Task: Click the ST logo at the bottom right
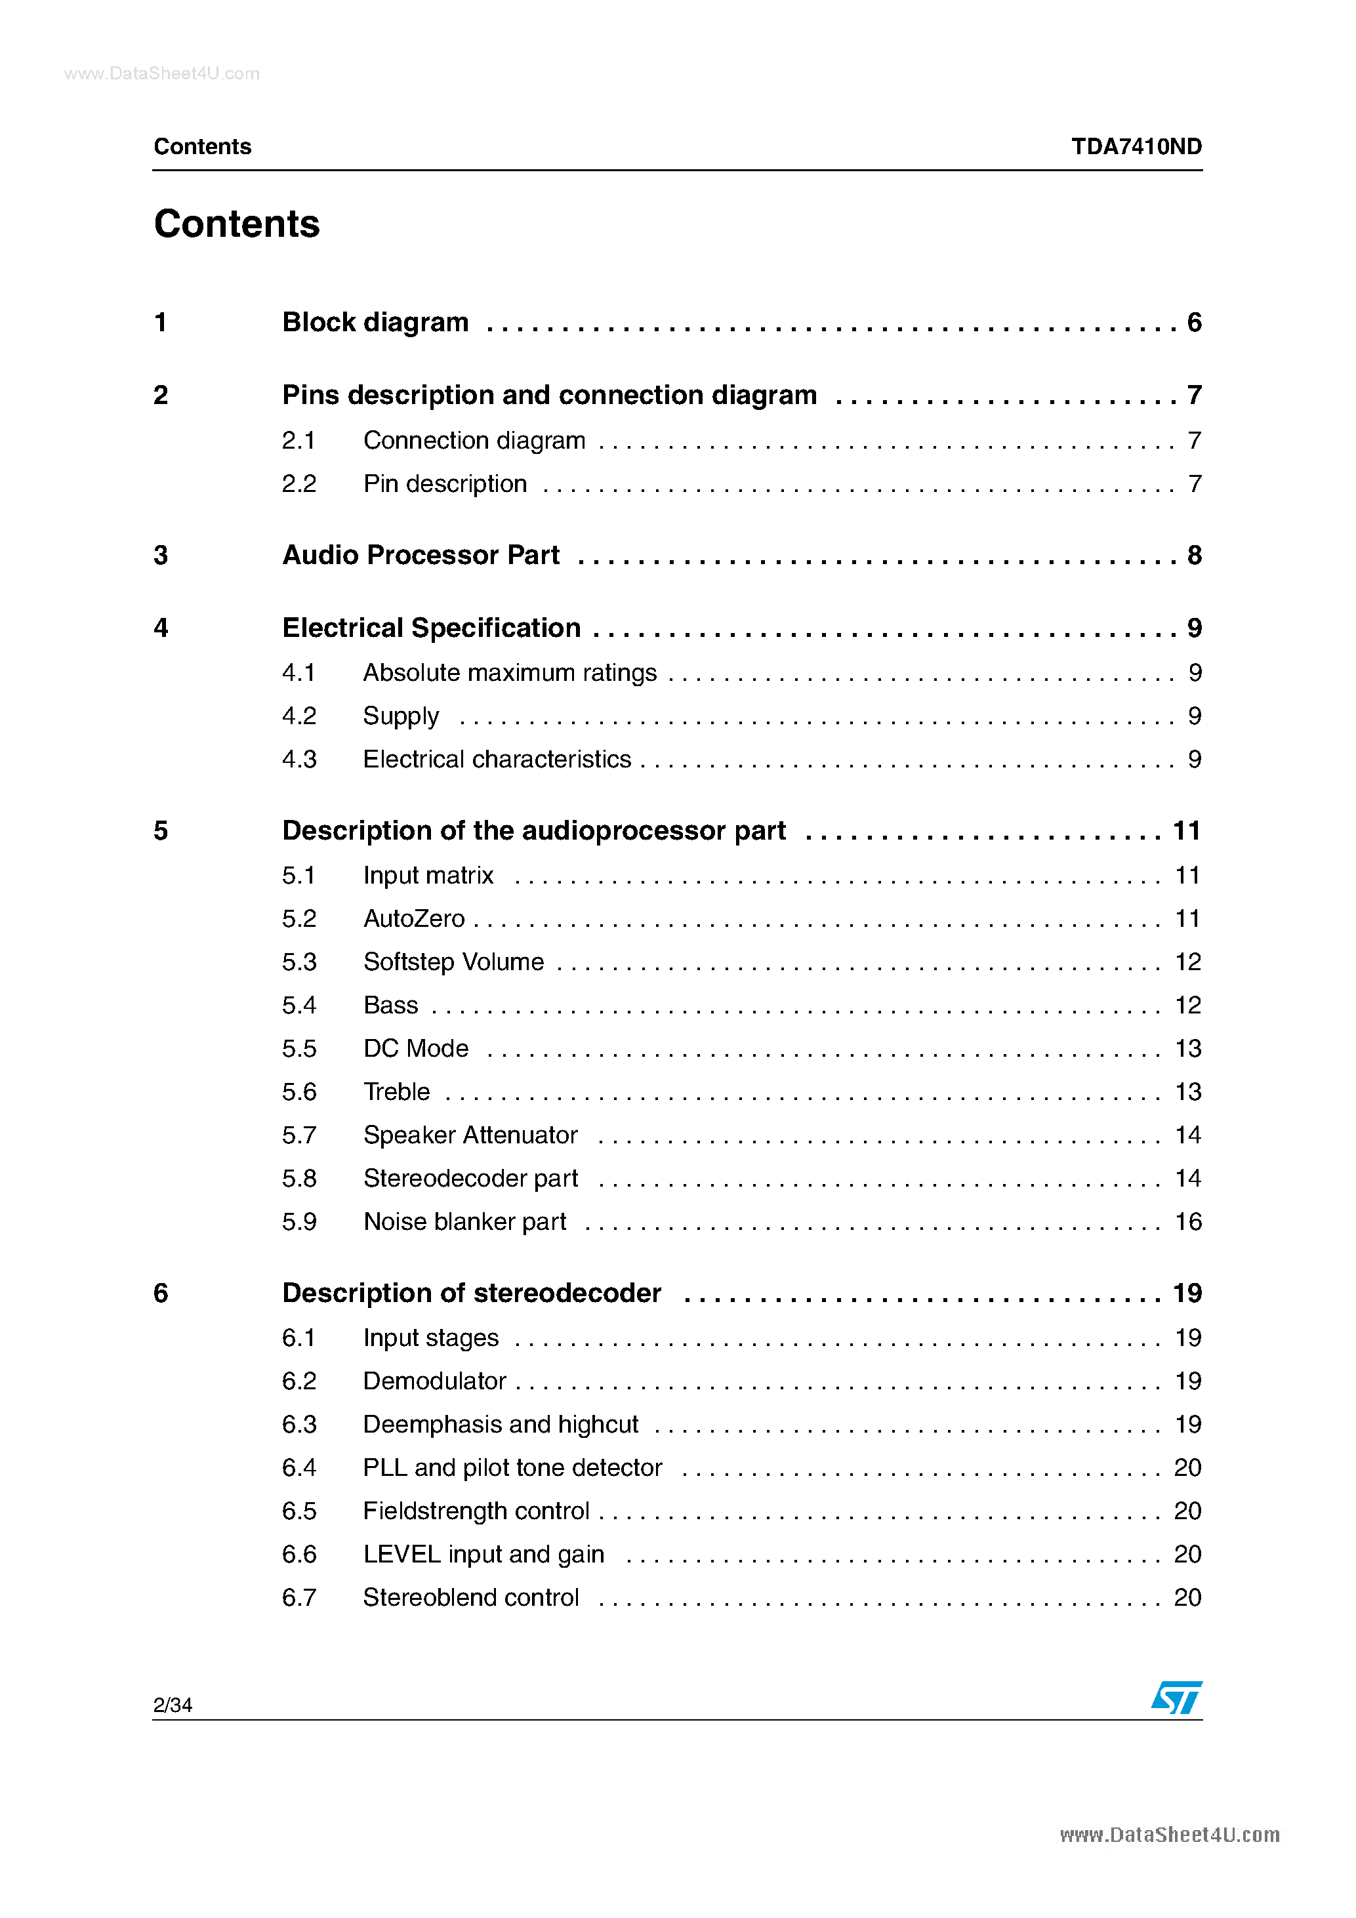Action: point(1176,1697)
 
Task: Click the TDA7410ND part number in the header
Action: point(1136,147)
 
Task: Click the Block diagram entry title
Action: point(375,323)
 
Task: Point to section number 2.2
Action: point(299,483)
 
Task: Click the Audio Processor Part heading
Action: point(421,556)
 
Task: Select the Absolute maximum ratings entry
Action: point(510,672)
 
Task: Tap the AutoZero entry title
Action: point(413,919)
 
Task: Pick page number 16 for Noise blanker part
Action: point(1187,1222)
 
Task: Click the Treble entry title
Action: point(397,1092)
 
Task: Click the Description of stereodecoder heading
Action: point(471,1293)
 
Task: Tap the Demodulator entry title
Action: point(434,1381)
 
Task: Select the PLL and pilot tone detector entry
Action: point(512,1468)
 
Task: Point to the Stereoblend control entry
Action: point(470,1598)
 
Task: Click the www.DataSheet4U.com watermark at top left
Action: point(162,73)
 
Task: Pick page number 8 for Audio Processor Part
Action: point(1194,556)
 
